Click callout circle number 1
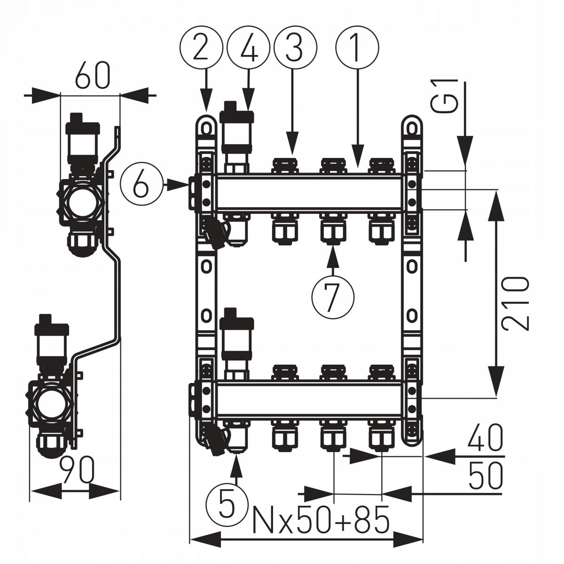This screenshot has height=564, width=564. [x=357, y=48]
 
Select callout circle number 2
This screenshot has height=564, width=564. [x=201, y=48]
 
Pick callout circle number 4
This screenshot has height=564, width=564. [x=248, y=48]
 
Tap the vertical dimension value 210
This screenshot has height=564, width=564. [x=515, y=303]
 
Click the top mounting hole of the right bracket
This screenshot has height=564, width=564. [x=412, y=127]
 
